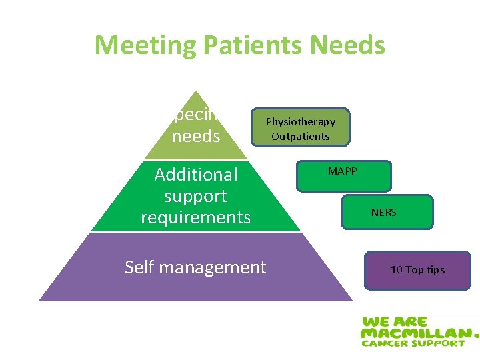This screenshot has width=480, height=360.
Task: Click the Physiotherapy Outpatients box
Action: coord(300,127)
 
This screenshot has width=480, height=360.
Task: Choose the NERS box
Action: coord(387,212)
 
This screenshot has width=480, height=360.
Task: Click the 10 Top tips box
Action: coord(417,270)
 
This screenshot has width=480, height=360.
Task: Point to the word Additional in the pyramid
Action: coord(196,175)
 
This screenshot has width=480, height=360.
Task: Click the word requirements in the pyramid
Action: coord(196,217)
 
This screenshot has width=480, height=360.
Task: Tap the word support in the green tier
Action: coord(195,196)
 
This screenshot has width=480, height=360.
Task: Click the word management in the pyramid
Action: coord(211,268)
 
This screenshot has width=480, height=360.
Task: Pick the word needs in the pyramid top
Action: coord(195,136)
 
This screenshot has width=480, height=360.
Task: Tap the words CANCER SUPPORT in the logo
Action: coord(413,343)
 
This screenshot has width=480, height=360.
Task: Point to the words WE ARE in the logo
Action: coord(394,320)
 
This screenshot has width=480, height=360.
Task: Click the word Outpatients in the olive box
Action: coord(300,137)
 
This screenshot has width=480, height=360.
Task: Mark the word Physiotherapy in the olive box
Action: coord(301,122)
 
